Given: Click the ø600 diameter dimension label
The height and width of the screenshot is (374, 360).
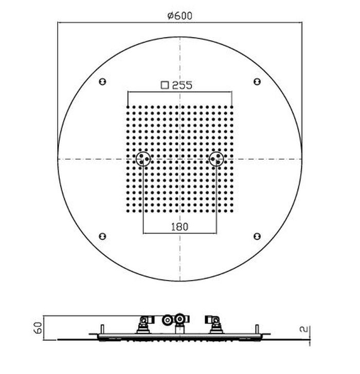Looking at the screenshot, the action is [x=180, y=16].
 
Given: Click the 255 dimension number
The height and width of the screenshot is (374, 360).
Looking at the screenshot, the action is [x=182, y=85].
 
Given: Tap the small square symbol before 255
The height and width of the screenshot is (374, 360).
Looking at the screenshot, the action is [x=165, y=85].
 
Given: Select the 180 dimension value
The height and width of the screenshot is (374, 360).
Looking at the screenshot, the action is [x=180, y=227].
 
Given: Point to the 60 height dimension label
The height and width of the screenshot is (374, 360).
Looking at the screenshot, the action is [x=38, y=327].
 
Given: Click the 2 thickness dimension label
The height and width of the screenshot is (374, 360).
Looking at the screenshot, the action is [x=303, y=329].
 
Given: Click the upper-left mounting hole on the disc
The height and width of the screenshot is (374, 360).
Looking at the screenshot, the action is [x=102, y=82].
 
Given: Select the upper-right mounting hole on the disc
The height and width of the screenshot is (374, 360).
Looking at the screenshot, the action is [x=257, y=82].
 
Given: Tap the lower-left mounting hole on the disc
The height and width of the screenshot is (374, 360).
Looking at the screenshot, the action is [x=102, y=236].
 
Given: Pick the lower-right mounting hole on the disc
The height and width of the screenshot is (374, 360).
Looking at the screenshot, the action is [x=257, y=236].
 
